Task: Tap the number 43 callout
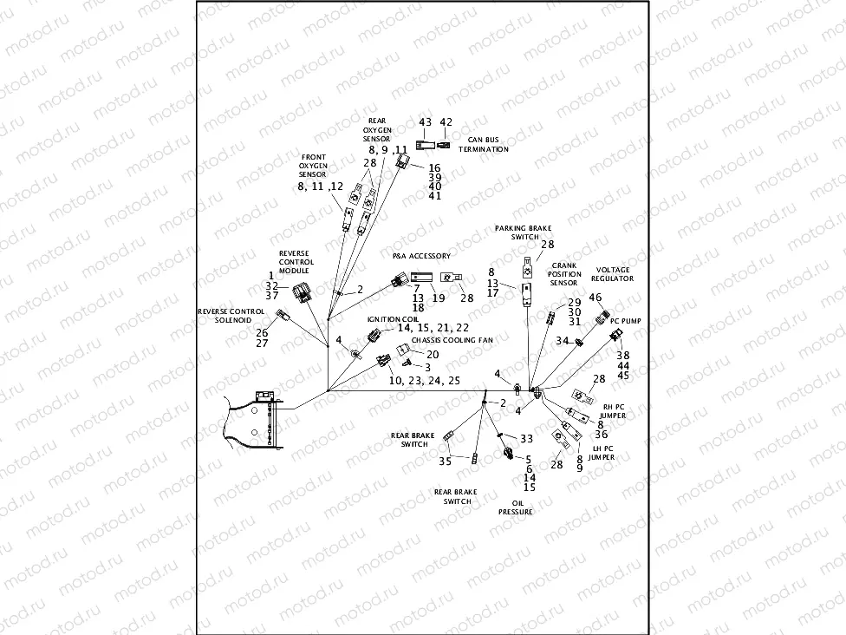pos(426,122)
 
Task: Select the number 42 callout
pos(446,122)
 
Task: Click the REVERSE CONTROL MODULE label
pos(296,262)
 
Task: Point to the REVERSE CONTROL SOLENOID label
pos(231,315)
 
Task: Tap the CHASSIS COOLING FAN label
pos(452,341)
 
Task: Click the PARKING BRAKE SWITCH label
pos(517,232)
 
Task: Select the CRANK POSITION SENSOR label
pos(564,273)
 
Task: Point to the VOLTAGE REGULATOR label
pos(612,274)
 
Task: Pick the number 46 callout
pos(595,298)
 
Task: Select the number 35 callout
pos(445,461)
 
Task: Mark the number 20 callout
pos(433,354)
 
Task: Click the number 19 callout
pos(438,298)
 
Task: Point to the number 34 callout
pos(561,341)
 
